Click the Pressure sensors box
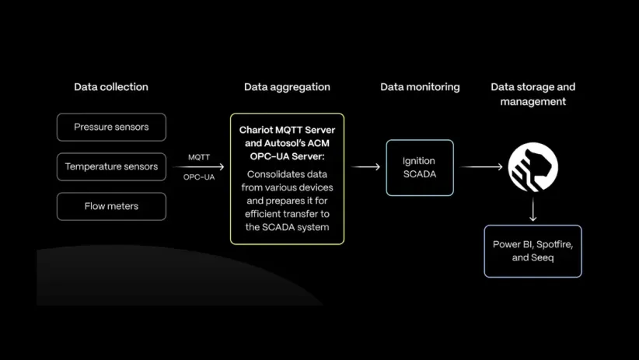pyautogui.click(x=111, y=127)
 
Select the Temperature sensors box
pyautogui.click(x=111, y=166)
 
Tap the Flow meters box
pyautogui.click(x=111, y=206)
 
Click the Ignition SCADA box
pyautogui.click(x=420, y=167)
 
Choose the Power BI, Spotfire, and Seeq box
pyautogui.click(x=532, y=250)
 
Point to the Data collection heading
pyautogui.click(x=111, y=87)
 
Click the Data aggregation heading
pyautogui.click(x=287, y=87)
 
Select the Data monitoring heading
pyautogui.click(x=420, y=87)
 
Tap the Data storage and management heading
pyautogui.click(x=532, y=94)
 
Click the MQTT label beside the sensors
pyautogui.click(x=199, y=157)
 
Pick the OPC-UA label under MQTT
pyautogui.click(x=199, y=177)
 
